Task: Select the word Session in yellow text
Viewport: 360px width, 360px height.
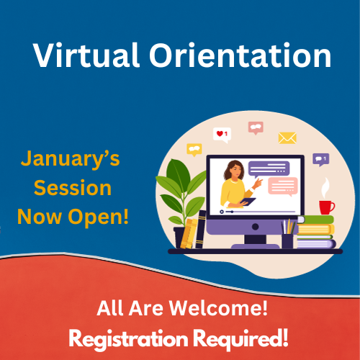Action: (72, 189)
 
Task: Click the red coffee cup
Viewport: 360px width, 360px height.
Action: (326, 207)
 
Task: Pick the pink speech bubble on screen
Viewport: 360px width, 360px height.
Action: (282, 187)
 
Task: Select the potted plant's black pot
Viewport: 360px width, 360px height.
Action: (181, 238)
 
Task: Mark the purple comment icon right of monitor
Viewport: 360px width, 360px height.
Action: (320, 159)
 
